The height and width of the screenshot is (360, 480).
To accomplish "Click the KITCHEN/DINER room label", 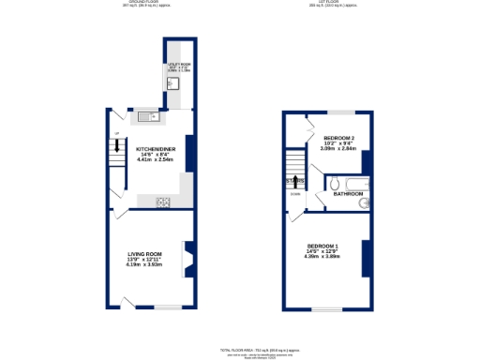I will coord(156,149).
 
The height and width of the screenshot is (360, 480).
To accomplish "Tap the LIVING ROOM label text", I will coord(145,253).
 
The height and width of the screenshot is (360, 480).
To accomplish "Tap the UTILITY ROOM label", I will coord(178,65).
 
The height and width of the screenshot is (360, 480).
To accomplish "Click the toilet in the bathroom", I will coord(335,186).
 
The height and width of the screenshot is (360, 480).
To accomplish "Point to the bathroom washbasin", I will coord(366,202).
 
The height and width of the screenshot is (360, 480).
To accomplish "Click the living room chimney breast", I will coord(187,259).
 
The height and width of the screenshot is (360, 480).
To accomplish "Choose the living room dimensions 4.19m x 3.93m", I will coord(145,263).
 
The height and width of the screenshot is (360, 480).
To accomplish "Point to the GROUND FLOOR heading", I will coord(141,2).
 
